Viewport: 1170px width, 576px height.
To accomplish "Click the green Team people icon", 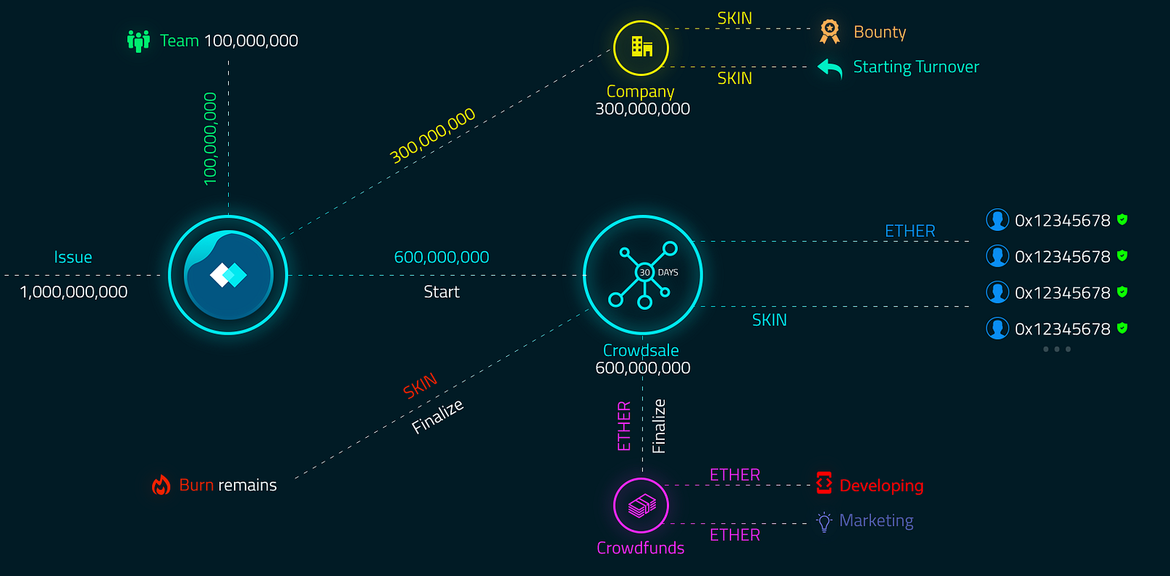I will point(138,41).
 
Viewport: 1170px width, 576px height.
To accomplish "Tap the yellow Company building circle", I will point(641,48).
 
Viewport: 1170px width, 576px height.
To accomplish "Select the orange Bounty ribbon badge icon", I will point(829,31).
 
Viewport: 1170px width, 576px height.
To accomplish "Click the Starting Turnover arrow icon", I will point(830,68).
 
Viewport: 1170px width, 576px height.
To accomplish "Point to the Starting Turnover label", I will point(916,67).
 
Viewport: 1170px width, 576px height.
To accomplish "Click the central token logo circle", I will point(228,275).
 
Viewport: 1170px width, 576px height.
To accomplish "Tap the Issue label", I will point(73,257).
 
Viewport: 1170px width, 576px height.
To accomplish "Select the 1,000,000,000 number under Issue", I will point(73,292).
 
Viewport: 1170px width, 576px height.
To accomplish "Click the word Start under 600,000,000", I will point(442,292).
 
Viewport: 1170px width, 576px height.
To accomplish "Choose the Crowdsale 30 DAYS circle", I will point(643,275).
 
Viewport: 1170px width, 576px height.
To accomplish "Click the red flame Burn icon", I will point(161,485).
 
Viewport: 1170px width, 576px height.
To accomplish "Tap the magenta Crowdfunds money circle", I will point(641,505).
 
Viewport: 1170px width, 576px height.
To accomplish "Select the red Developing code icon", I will point(824,483).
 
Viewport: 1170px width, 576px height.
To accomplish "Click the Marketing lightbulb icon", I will point(824,522).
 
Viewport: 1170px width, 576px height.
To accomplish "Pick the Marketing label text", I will point(876,520).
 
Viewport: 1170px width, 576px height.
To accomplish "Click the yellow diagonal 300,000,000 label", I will point(432,135).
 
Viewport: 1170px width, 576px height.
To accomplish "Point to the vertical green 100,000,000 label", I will point(211,139).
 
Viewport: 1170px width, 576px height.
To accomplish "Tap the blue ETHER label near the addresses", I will point(910,231).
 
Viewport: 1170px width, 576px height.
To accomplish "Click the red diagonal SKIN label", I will point(420,386).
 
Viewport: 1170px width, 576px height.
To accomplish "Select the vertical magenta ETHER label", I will point(624,425).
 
